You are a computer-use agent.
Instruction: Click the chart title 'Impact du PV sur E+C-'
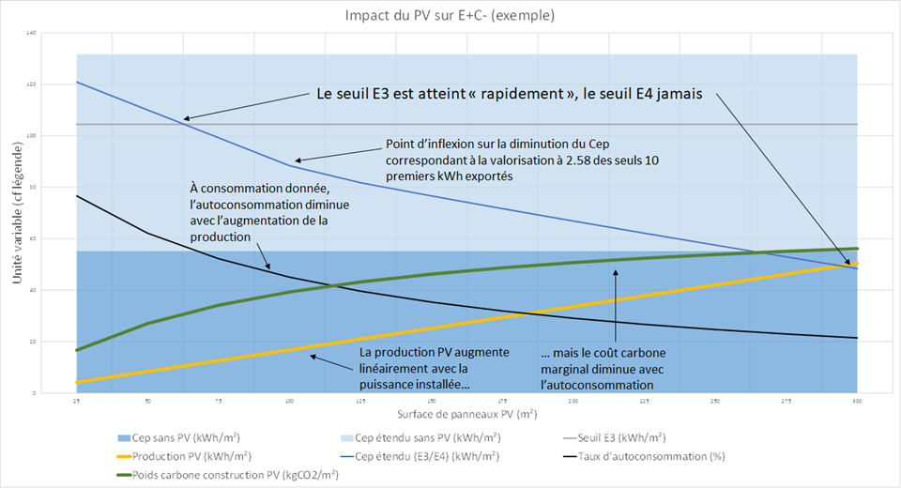point(450,15)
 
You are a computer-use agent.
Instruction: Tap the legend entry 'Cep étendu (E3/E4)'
point(422,457)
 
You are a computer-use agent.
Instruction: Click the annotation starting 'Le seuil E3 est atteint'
point(507,95)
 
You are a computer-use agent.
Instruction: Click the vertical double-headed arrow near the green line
point(616,305)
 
